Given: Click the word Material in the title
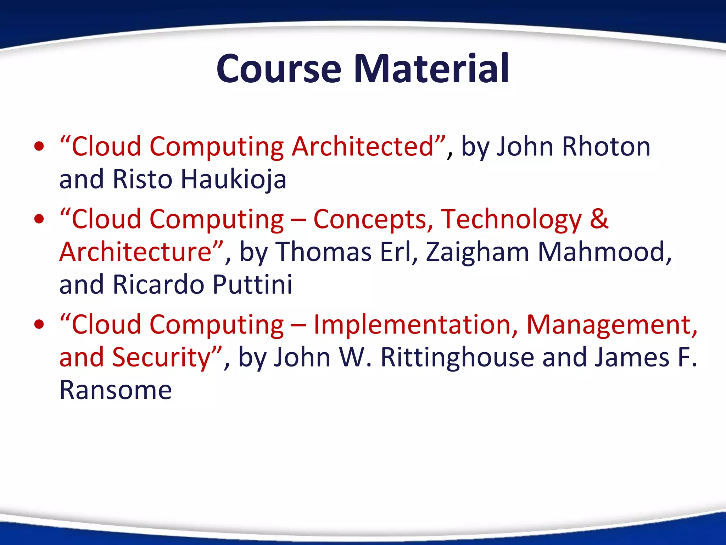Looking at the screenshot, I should pyautogui.click(x=431, y=69).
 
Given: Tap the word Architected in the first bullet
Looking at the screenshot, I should pyautogui.click(x=363, y=147).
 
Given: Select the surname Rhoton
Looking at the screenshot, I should pyautogui.click(x=606, y=147).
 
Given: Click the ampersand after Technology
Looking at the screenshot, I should pyautogui.click(x=599, y=219).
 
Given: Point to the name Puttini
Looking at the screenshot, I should pyautogui.click(x=252, y=285).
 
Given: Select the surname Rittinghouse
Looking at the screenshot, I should pyautogui.click(x=457, y=357).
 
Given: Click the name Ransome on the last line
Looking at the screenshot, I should pyautogui.click(x=116, y=390).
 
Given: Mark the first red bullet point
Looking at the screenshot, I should pyautogui.click(x=39, y=147).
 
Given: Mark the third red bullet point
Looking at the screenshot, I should pyautogui.click(x=39, y=324).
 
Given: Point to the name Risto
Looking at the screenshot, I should pyautogui.click(x=142, y=179).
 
